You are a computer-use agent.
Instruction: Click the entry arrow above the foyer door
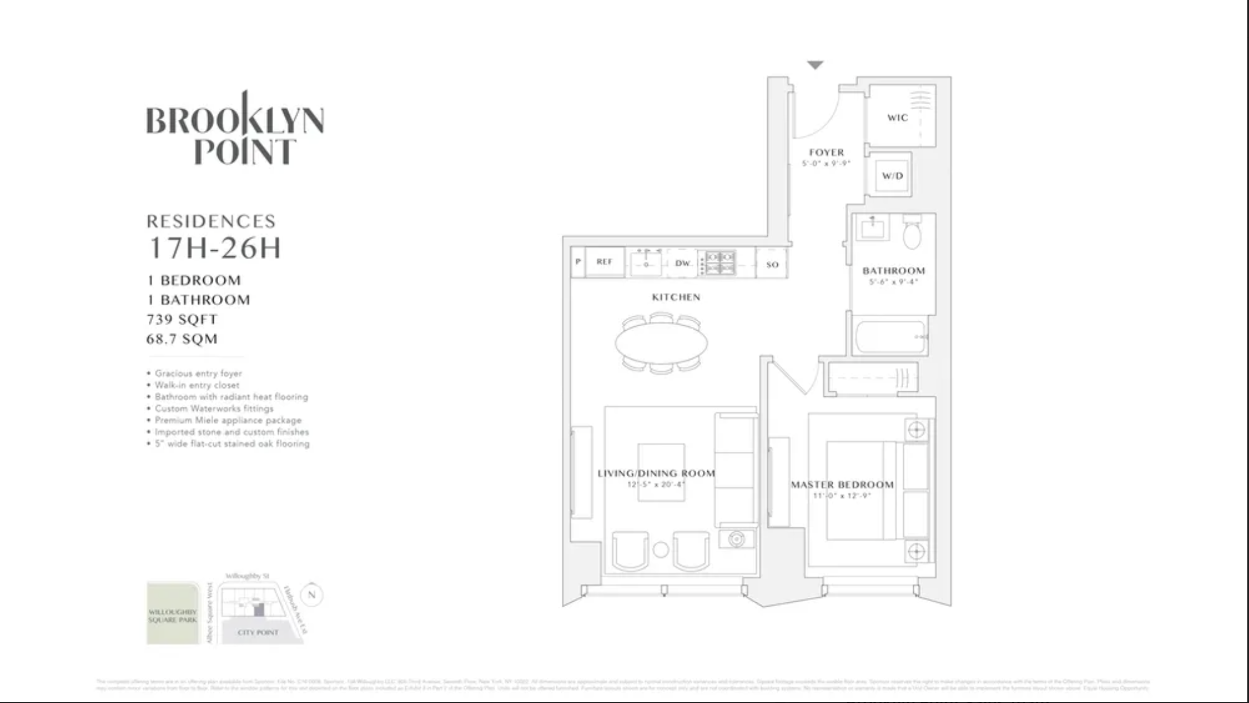point(815,65)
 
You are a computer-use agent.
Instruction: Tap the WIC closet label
point(898,118)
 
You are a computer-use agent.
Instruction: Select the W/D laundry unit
point(893,176)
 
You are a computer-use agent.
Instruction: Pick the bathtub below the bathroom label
point(890,336)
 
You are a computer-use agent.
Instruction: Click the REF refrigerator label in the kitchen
point(604,262)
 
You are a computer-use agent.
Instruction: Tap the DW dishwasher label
point(683,263)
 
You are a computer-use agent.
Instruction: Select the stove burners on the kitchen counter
point(720,263)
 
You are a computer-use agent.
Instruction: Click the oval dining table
point(661,343)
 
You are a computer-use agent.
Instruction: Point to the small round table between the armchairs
point(661,550)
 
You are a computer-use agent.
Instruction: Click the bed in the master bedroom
point(862,490)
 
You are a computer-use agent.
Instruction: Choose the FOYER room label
point(827,152)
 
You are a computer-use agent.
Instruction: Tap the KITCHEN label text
point(676,297)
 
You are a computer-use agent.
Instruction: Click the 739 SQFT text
point(182,320)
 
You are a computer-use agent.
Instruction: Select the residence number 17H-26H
point(214,248)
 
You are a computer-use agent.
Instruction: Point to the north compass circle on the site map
point(312,594)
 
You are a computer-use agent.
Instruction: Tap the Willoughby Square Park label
point(172,616)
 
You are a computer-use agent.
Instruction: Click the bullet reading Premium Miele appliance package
point(228,420)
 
